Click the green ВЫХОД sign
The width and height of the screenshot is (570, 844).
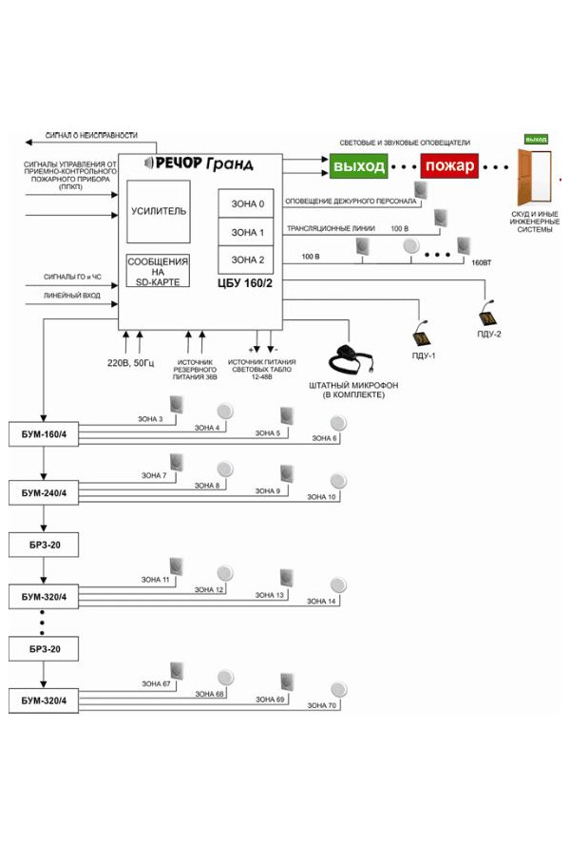pyautogui.click(x=358, y=167)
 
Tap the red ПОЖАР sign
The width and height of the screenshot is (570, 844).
pyautogui.click(x=449, y=167)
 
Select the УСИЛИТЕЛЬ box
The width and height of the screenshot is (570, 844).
pyautogui.click(x=158, y=211)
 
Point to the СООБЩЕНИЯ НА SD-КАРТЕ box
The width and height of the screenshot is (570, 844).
pyautogui.click(x=158, y=271)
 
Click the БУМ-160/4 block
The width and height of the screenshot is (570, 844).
pyautogui.click(x=44, y=434)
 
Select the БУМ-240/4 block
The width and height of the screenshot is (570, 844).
pyautogui.click(x=44, y=492)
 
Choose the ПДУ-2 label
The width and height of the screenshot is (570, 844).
pyautogui.click(x=489, y=334)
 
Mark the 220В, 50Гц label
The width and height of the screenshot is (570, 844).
pyautogui.click(x=131, y=361)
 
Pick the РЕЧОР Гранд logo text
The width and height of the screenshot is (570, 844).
pyautogui.click(x=198, y=163)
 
